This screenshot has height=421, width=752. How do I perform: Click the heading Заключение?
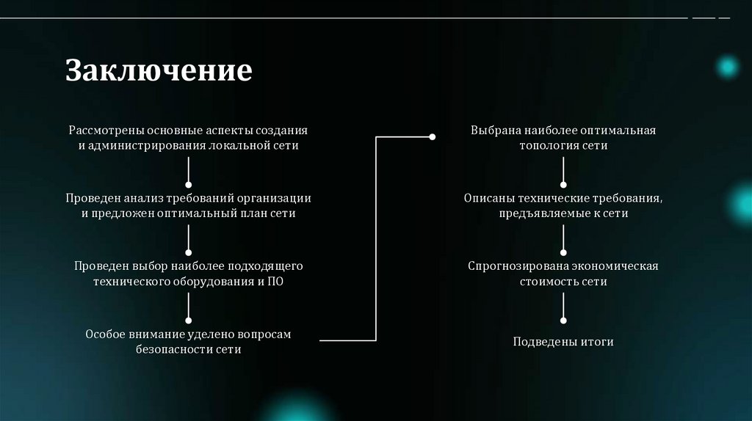(159, 70)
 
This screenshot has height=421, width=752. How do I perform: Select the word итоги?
(596, 342)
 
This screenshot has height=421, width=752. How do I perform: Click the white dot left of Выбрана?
(433, 136)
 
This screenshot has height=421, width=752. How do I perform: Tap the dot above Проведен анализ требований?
(189, 184)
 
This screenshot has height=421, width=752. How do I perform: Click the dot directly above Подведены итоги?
(563, 321)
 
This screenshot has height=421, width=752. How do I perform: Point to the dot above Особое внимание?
(189, 321)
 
